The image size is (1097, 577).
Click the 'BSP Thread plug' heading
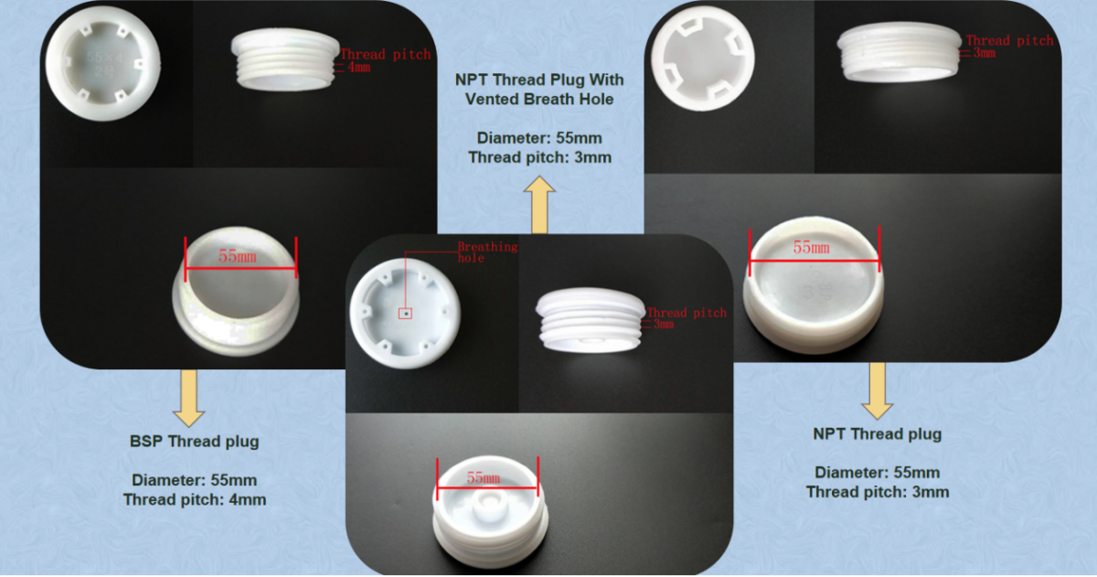(194, 441)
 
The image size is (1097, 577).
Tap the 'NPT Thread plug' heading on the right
(877, 433)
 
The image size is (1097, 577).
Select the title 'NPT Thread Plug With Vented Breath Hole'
(539, 89)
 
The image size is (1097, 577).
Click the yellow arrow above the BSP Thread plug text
(189, 397)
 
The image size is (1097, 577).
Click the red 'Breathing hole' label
(486, 251)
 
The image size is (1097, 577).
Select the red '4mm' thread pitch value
(358, 69)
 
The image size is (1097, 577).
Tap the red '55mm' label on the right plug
(811, 248)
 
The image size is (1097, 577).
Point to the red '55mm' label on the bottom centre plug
(484, 477)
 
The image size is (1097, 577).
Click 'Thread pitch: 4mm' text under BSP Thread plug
(194, 499)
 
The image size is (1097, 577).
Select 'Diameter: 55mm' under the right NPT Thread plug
(877, 472)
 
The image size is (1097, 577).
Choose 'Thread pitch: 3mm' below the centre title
(539, 157)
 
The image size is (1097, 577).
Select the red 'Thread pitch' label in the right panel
(1009, 40)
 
